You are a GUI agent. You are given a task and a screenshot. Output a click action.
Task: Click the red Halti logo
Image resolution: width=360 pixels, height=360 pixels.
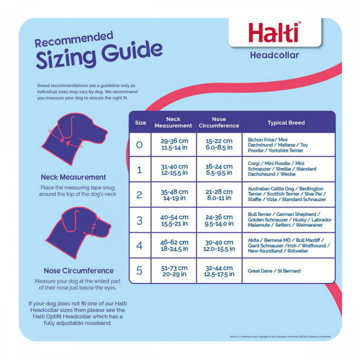click(274, 32)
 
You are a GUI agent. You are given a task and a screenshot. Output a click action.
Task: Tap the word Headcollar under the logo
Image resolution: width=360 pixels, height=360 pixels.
click(274, 55)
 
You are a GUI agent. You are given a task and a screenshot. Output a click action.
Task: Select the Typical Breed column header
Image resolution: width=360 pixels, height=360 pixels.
click(286, 122)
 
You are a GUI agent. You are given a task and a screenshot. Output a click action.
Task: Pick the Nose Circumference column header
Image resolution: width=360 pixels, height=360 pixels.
click(219, 122)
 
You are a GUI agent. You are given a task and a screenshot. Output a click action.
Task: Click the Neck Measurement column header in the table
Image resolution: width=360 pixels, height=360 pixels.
click(173, 122)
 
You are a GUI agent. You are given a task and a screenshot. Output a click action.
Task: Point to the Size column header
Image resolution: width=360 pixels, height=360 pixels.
click(140, 122)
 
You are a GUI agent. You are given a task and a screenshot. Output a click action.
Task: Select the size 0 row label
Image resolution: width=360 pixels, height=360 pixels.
click(139, 144)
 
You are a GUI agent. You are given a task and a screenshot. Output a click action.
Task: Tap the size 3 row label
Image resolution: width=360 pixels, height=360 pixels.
click(139, 220)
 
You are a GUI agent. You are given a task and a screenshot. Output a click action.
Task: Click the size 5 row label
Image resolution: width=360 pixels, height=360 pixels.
click(139, 270)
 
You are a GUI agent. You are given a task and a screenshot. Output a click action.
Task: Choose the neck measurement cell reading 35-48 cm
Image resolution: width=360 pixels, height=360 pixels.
click(174, 195)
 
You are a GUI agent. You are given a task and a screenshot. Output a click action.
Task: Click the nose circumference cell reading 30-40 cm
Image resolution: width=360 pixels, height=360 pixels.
click(219, 245)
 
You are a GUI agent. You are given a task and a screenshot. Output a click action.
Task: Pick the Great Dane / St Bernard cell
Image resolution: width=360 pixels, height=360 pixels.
click(274, 271)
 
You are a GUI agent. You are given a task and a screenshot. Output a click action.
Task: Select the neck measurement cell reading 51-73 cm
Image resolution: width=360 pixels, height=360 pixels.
click(174, 271)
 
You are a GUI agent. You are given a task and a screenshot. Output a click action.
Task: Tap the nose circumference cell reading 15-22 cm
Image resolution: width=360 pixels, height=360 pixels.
click(219, 144)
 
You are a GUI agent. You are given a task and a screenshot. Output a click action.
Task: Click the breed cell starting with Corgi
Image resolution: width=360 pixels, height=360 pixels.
click(282, 169)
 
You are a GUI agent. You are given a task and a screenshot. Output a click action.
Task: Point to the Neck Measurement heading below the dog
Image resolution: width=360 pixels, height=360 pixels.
click(73, 177)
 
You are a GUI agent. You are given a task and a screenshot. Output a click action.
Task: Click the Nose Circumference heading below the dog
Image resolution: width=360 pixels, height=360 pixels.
click(78, 270)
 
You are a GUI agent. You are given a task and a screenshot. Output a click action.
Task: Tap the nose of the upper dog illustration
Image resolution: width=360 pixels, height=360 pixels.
click(105, 132)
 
